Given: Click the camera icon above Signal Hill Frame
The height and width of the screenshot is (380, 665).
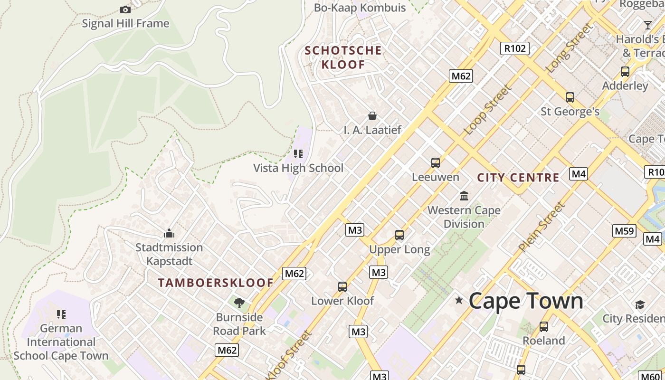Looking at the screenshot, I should click(x=125, y=9).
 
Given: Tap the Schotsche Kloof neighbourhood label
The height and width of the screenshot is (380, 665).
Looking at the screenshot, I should click(x=343, y=57).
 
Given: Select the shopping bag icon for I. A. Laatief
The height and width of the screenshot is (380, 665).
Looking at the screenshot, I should click(x=372, y=116).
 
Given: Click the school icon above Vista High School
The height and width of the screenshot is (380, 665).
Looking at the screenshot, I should click(x=298, y=154).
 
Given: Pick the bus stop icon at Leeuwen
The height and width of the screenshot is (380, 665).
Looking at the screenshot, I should click(x=436, y=163).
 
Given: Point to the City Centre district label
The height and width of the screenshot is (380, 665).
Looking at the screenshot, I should click(x=518, y=178).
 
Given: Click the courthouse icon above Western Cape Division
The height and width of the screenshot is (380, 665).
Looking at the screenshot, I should click(x=464, y=196).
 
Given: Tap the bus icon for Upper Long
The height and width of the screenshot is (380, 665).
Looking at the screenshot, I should click(x=399, y=235).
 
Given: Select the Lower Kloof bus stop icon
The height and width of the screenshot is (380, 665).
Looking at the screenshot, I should click(x=342, y=287).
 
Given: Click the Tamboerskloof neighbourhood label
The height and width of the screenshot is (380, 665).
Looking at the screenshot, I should click(x=216, y=283).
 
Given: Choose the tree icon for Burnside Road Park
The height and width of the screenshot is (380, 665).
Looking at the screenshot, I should click(x=239, y=303).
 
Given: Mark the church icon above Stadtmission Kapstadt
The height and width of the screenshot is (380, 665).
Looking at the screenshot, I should click(x=169, y=233).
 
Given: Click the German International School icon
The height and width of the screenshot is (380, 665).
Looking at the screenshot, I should click(x=61, y=314).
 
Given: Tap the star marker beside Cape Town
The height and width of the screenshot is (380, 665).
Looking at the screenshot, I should click(x=459, y=300).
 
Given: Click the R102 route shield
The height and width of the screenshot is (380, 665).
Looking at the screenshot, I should click(x=515, y=48).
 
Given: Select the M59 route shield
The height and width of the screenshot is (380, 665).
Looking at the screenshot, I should click(x=624, y=231).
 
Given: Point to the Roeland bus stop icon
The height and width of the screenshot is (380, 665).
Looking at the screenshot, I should click(x=544, y=327).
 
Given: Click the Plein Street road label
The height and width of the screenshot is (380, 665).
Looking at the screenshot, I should click(x=542, y=227).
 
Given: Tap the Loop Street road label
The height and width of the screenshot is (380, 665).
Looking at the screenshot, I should click(x=488, y=110).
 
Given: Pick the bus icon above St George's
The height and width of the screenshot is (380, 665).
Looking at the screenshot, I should click(x=570, y=97).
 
